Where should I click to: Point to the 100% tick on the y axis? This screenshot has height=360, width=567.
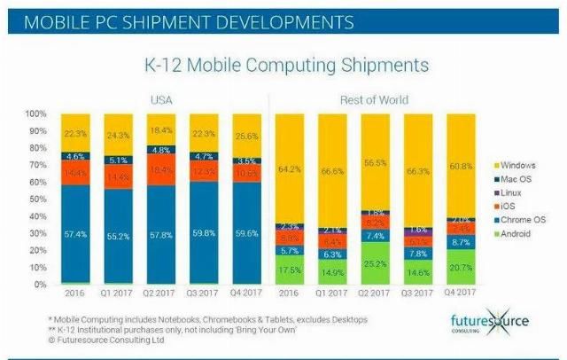35,114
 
